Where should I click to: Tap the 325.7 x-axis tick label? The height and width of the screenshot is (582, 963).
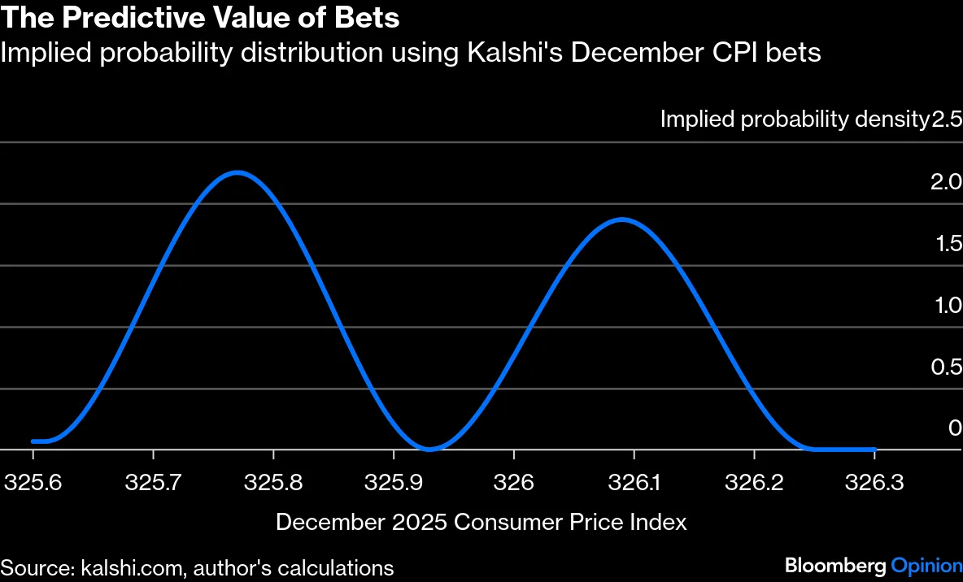[x=153, y=482]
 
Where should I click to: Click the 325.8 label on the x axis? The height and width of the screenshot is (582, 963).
[x=273, y=482]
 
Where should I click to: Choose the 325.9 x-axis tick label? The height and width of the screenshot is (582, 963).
[x=394, y=482]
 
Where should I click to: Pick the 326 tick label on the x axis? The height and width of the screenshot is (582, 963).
[x=513, y=482]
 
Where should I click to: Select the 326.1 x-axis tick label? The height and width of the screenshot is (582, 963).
[x=634, y=482]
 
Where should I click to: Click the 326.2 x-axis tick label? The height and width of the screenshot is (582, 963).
[x=754, y=482]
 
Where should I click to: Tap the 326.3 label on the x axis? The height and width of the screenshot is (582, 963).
[x=874, y=482]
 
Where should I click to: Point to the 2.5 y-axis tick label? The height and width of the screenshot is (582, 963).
[x=947, y=119]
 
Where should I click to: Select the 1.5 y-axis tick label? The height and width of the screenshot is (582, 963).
[x=947, y=243]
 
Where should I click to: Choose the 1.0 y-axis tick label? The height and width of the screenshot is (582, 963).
[x=947, y=305]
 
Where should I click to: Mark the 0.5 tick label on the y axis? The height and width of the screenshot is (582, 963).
[x=947, y=367]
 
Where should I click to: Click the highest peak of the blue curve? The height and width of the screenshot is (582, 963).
[x=236, y=172]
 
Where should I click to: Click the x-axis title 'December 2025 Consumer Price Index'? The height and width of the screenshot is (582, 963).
[x=481, y=522]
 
